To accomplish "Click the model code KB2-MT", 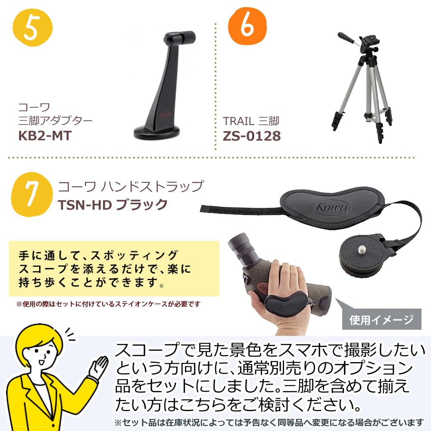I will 44,135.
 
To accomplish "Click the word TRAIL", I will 238,121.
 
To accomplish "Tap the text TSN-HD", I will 81,204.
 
